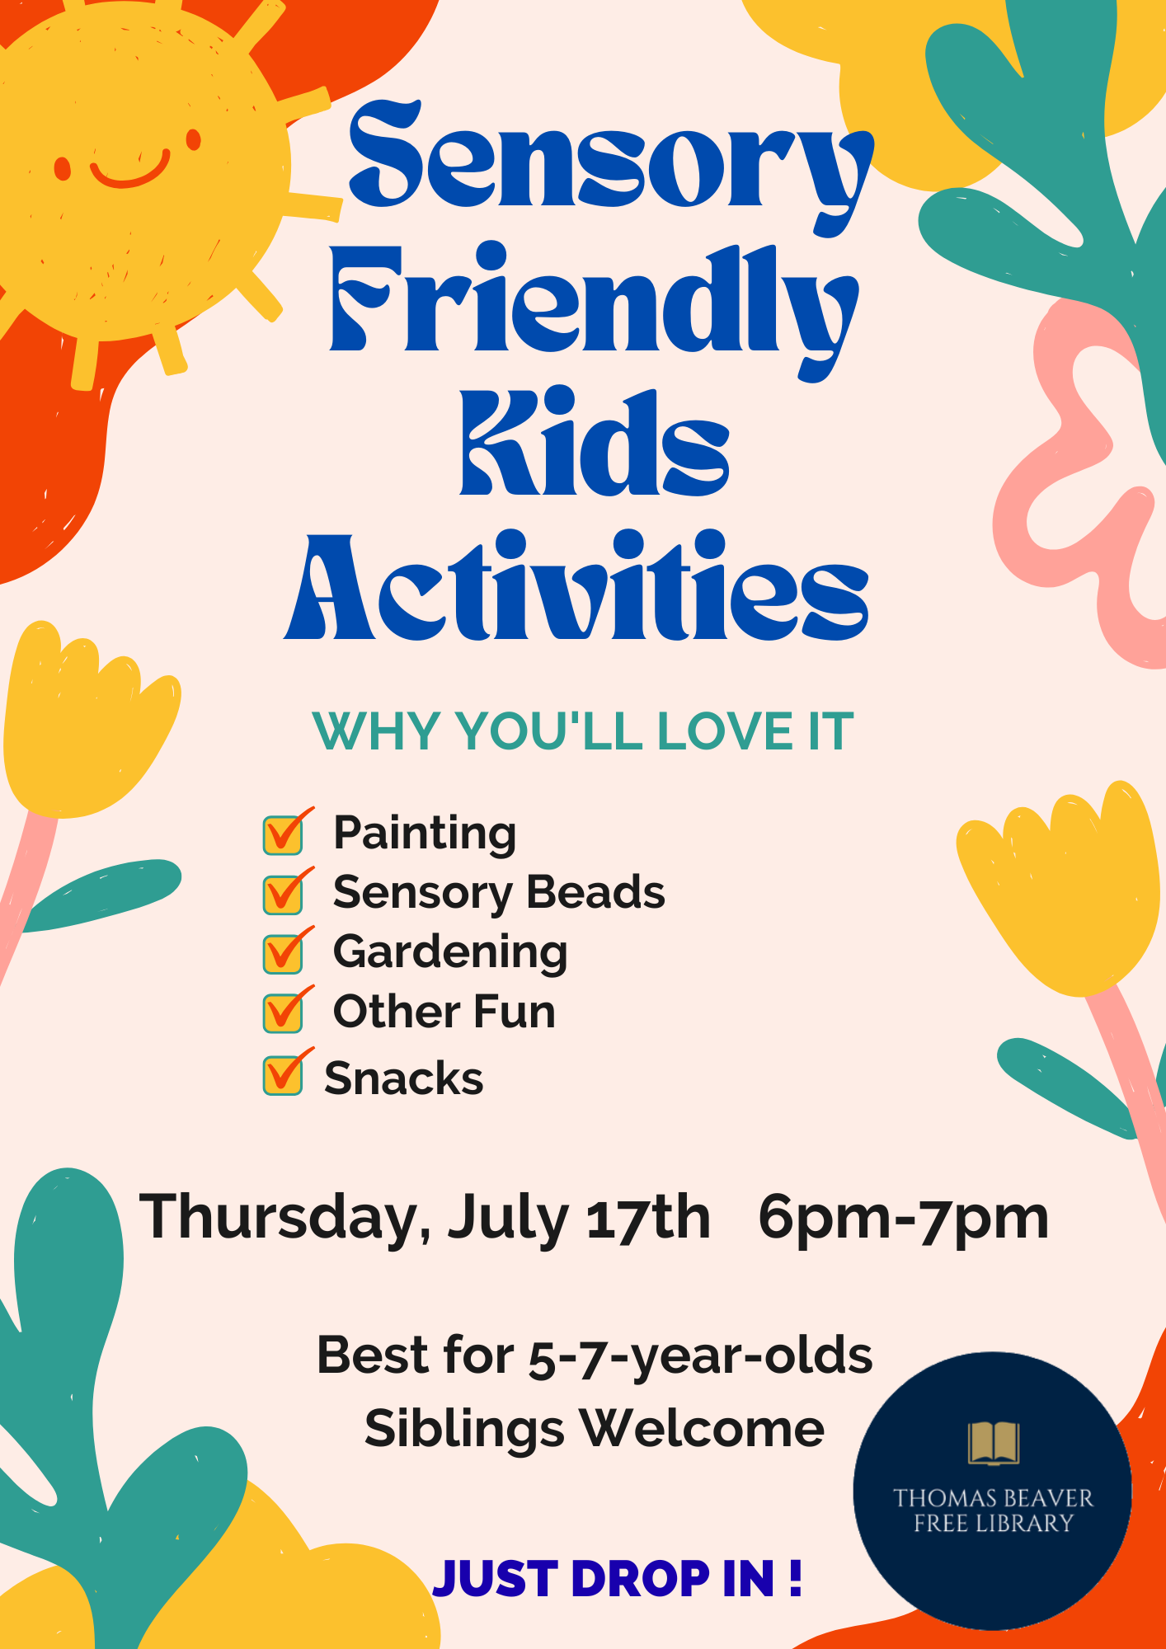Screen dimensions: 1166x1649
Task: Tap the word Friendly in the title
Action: coord(594,309)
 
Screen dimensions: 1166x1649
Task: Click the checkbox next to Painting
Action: coord(283,834)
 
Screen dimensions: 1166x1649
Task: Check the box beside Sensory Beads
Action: coord(283,894)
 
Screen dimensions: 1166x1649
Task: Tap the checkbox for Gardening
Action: coord(283,953)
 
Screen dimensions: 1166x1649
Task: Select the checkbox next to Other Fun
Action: coord(283,1012)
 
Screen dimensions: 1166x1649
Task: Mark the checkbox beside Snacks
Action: coord(283,1075)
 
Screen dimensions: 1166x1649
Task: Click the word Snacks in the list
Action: coord(404,1078)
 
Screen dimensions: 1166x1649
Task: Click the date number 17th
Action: coord(648,1217)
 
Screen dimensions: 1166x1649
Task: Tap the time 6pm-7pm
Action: coord(904,1219)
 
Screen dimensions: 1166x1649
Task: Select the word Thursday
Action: coord(285,1219)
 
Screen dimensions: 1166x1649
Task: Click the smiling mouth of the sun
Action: coord(130,170)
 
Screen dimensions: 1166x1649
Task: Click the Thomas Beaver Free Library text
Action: coord(993,1510)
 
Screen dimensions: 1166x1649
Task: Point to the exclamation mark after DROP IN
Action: coord(795,1578)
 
